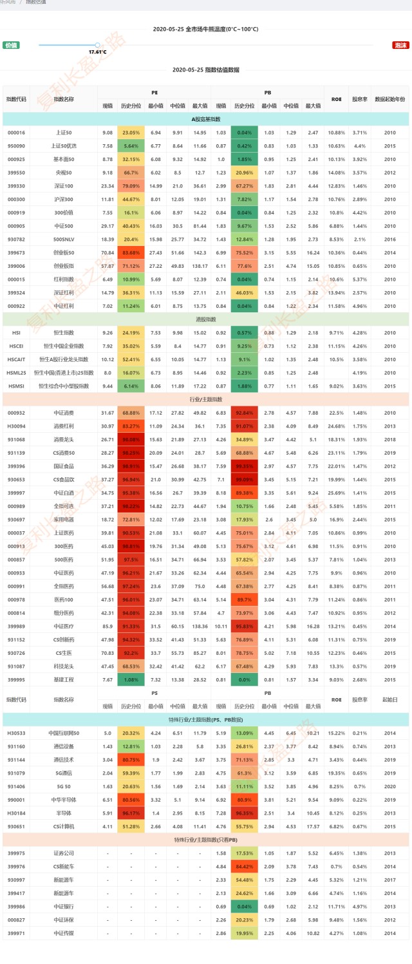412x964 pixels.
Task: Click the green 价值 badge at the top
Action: (11, 45)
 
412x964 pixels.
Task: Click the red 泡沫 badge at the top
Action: (400, 45)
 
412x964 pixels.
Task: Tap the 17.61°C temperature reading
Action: (97, 52)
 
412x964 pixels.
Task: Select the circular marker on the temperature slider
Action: (97, 44)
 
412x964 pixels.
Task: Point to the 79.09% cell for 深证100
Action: (131, 185)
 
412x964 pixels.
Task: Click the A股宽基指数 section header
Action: (205, 119)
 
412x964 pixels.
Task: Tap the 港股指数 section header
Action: (205, 319)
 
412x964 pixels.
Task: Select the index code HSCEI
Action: (16, 346)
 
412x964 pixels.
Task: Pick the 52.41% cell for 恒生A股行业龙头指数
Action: (131, 359)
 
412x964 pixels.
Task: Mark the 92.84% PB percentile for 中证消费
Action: (244, 413)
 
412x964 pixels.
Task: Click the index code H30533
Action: (16, 733)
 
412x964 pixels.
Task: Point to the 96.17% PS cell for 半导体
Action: (131, 813)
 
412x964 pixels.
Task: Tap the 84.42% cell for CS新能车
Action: (244, 866)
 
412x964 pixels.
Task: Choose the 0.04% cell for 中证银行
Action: (244, 906)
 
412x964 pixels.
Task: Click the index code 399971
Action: (16, 932)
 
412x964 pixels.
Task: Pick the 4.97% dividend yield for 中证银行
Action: (359, 906)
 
